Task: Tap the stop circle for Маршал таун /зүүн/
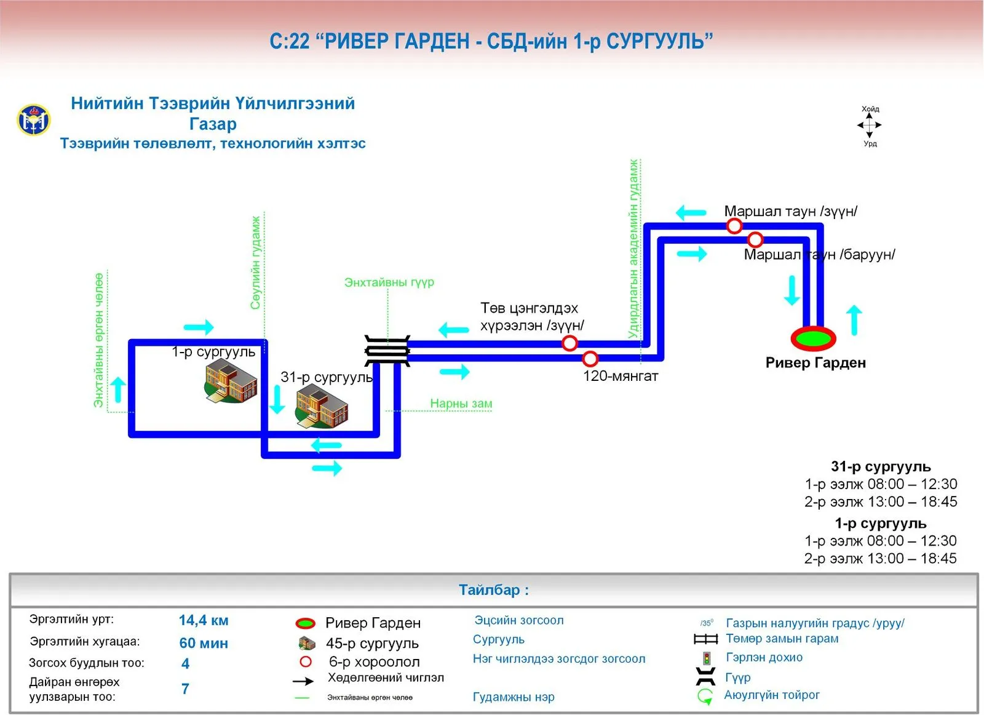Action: [734, 227]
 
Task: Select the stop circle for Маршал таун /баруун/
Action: [755, 240]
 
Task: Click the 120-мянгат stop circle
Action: [590, 359]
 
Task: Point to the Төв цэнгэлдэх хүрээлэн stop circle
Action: [569, 343]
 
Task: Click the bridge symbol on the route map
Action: [387, 351]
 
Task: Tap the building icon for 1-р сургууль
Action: [231, 386]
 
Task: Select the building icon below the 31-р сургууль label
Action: [322, 406]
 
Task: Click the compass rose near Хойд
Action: [870, 126]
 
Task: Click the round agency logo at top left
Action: [34, 120]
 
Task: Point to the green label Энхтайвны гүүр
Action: [389, 282]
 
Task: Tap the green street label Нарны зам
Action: [461, 404]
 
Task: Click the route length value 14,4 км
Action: [204, 620]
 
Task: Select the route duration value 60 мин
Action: [204, 644]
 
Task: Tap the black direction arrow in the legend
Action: [303, 682]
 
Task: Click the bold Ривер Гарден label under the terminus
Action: [815, 363]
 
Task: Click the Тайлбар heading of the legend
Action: [494, 590]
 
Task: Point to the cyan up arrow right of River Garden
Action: [854, 321]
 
